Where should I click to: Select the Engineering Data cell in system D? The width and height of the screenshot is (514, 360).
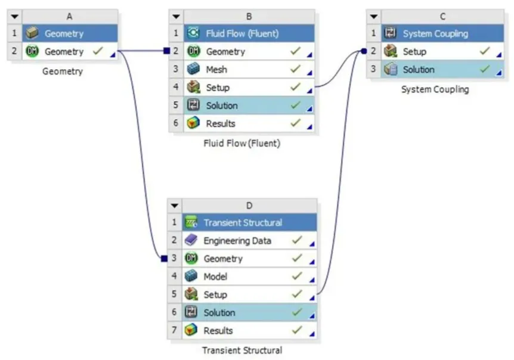coord(237,241)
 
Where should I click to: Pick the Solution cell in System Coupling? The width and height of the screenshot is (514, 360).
coord(418,70)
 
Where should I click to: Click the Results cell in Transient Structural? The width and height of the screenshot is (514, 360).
coord(218,331)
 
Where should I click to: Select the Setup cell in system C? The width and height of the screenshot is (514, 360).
coord(414,52)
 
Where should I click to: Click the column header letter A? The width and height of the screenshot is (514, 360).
coord(70,16)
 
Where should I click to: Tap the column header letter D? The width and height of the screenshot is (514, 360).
coord(249,206)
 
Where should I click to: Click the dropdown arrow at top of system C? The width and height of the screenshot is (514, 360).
coord(373,16)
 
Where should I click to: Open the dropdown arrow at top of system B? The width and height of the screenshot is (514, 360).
coord(175,16)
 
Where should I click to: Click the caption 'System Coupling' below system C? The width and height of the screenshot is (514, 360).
coord(435,89)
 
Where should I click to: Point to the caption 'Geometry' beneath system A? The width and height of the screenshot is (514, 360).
coord(62,72)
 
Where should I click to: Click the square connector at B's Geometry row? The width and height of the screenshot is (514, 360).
coord(166,51)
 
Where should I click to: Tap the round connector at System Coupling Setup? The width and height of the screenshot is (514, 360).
coord(363,51)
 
